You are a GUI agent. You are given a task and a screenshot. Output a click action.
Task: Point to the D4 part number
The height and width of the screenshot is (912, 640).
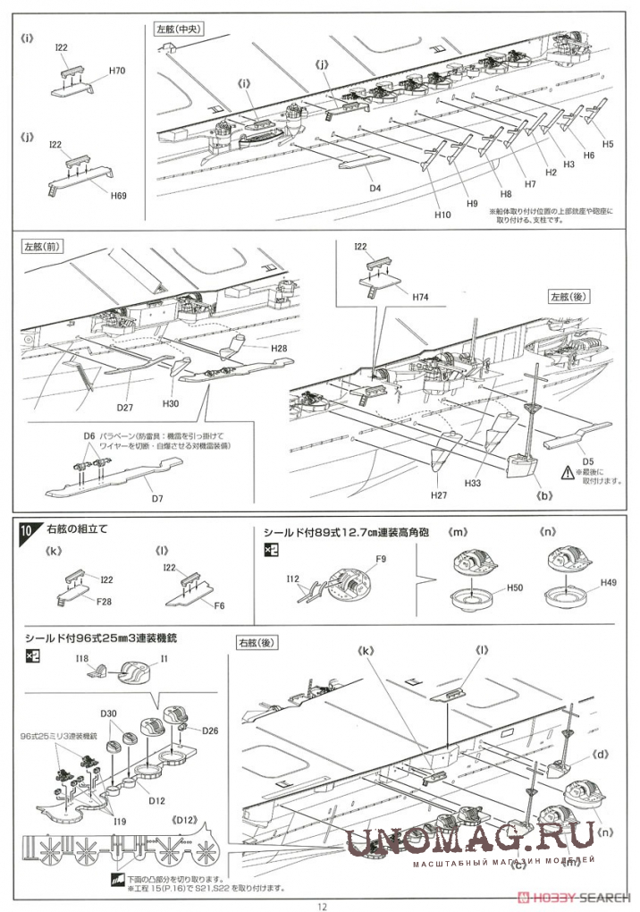(375, 188)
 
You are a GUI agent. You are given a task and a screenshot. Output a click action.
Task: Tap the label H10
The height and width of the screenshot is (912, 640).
(443, 215)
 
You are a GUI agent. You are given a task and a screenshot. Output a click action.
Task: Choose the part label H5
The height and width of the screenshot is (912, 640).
(608, 143)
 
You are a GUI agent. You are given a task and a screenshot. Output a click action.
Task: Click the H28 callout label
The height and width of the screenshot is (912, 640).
(279, 347)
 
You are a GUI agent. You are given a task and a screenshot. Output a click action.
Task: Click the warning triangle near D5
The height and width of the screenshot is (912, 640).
(568, 471)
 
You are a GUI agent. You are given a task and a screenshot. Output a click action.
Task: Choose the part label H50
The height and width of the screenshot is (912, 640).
(514, 587)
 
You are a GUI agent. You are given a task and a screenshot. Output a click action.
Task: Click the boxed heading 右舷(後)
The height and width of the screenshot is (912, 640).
(257, 642)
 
